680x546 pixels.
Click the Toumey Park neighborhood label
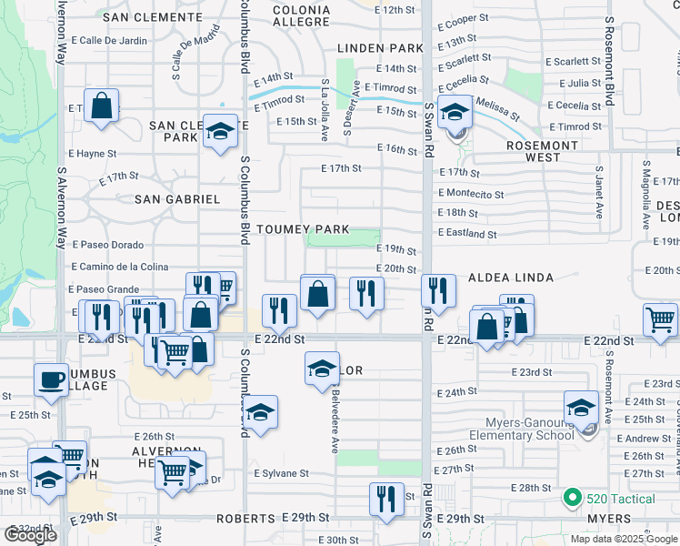click(x=303, y=228)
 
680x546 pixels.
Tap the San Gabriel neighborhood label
click(x=177, y=198)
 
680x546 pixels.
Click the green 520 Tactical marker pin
click(x=572, y=498)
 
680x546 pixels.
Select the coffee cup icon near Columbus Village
click(x=51, y=379)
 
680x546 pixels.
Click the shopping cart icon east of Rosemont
click(x=660, y=318)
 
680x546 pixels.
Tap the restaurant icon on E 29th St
click(x=386, y=498)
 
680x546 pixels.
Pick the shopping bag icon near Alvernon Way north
click(x=102, y=105)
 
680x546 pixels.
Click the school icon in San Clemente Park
click(x=219, y=131)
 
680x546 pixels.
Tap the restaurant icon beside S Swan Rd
click(x=438, y=291)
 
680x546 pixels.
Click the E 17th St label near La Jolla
click(x=341, y=168)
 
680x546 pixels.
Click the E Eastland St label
click(x=467, y=234)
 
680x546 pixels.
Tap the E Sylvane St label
click(x=281, y=473)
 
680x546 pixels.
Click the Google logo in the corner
click(x=30, y=534)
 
